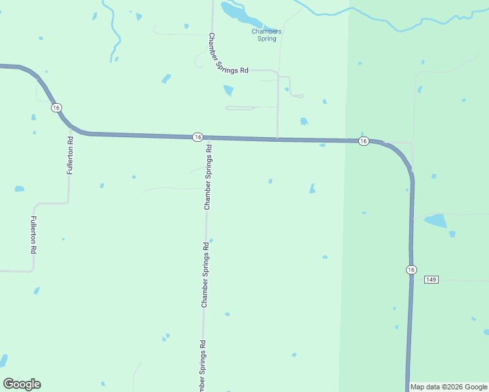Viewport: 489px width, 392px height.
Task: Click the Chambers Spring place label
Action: (x=267, y=35)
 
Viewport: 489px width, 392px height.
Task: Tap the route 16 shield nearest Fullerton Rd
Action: (x=57, y=107)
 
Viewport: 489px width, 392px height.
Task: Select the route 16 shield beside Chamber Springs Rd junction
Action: (x=197, y=137)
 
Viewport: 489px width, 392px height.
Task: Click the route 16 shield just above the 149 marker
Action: (x=411, y=269)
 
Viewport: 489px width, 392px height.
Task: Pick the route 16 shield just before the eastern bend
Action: (x=363, y=141)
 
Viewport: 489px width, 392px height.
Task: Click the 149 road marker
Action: (x=430, y=280)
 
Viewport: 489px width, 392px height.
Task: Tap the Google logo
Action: (x=22, y=384)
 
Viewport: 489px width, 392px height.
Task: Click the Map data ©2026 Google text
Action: (x=448, y=387)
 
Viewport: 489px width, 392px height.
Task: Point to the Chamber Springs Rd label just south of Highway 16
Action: (x=209, y=176)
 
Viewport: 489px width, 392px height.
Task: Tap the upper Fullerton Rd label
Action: (x=70, y=155)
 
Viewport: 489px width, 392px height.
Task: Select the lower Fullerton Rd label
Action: (x=33, y=235)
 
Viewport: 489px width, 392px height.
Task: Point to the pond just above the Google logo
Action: (x=3, y=361)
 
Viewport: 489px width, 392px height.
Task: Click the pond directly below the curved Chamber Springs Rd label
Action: (x=228, y=90)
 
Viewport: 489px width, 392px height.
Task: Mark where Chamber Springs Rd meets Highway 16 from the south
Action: (x=209, y=138)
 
